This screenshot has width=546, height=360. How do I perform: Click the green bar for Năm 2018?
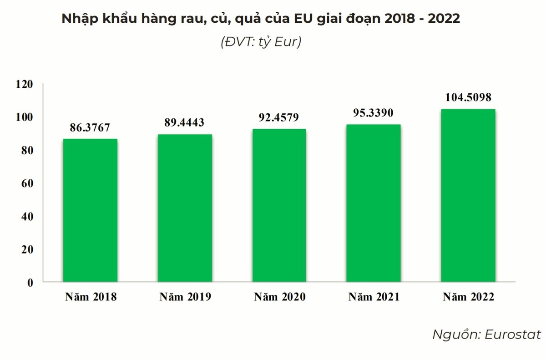(90, 210)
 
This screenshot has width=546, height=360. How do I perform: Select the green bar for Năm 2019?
(185, 208)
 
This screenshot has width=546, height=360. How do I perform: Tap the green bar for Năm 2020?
(279, 205)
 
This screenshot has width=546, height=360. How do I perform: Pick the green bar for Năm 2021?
(374, 203)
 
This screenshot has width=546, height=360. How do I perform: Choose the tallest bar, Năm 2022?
(468, 195)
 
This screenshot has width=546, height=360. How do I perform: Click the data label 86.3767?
(90, 127)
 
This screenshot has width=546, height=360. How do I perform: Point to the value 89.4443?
(184, 122)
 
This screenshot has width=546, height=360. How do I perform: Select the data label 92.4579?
(279, 117)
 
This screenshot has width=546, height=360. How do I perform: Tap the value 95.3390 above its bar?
(374, 113)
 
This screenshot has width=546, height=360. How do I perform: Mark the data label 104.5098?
(468, 97)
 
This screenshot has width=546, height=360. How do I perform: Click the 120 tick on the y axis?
(24, 84)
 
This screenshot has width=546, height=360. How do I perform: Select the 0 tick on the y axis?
(30, 283)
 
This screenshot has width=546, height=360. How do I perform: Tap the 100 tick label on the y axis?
(24, 117)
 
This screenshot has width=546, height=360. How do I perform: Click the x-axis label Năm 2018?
(91, 297)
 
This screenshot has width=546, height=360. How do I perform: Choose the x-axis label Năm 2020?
(279, 297)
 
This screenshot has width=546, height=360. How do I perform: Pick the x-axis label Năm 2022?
(468, 297)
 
